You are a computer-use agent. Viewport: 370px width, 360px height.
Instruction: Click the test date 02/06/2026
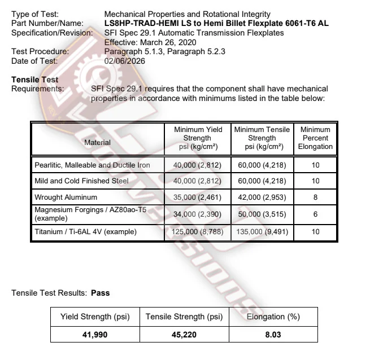pos(125,61)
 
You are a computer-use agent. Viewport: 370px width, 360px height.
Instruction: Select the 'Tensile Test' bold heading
pos(34,80)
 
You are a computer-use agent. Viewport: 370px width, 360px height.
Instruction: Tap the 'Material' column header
pos(97,143)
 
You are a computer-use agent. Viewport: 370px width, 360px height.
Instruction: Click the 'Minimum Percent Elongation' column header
pos(315,138)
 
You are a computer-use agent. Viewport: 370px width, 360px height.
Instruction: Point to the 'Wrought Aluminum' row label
pos(66,197)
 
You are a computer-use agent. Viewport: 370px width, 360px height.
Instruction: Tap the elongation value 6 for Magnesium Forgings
pos(315,215)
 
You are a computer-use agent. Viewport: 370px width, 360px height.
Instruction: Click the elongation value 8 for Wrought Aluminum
pos(315,197)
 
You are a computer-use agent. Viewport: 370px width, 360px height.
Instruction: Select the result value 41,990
pos(95,335)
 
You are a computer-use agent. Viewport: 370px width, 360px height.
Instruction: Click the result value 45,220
pos(184,335)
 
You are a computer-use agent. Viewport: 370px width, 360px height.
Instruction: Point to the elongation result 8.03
pos(273,335)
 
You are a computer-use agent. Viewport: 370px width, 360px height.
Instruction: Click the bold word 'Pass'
pos(100,293)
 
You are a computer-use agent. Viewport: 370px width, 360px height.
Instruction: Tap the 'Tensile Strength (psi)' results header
pos(184,317)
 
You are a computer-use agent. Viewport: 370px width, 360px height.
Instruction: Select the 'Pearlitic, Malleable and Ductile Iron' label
pos(92,165)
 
